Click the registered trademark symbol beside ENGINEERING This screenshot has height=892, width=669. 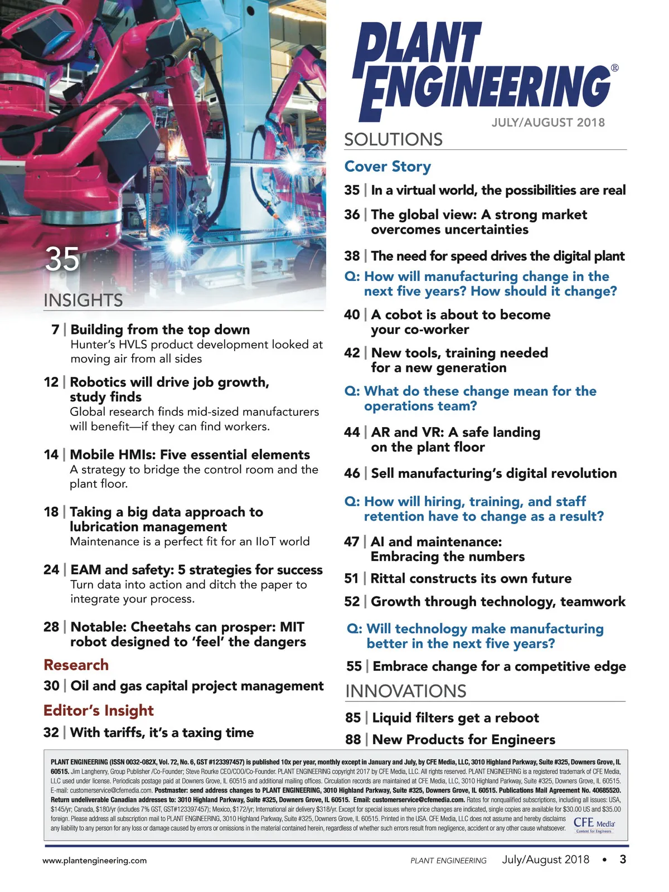[x=614, y=68]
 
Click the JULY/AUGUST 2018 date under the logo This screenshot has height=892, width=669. [x=548, y=123]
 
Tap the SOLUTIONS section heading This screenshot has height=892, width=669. [x=393, y=139]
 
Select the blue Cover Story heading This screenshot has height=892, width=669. [x=387, y=167]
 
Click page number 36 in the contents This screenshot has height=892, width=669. [x=352, y=215]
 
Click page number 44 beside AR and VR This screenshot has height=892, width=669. [x=352, y=433]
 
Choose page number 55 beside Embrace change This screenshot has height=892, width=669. [x=354, y=667]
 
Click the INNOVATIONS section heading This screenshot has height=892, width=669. [x=405, y=691]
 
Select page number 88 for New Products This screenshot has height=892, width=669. [x=353, y=740]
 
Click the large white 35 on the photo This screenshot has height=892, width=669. [x=62, y=259]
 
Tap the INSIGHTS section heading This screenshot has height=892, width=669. [x=83, y=300]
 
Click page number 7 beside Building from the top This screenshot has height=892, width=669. [x=55, y=330]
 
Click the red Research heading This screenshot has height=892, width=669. [x=76, y=665]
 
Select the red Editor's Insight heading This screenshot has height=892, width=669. [x=98, y=711]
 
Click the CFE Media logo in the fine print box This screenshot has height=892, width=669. [x=594, y=824]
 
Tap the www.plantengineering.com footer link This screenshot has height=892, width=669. [x=95, y=861]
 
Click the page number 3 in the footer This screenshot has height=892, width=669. [x=623, y=860]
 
